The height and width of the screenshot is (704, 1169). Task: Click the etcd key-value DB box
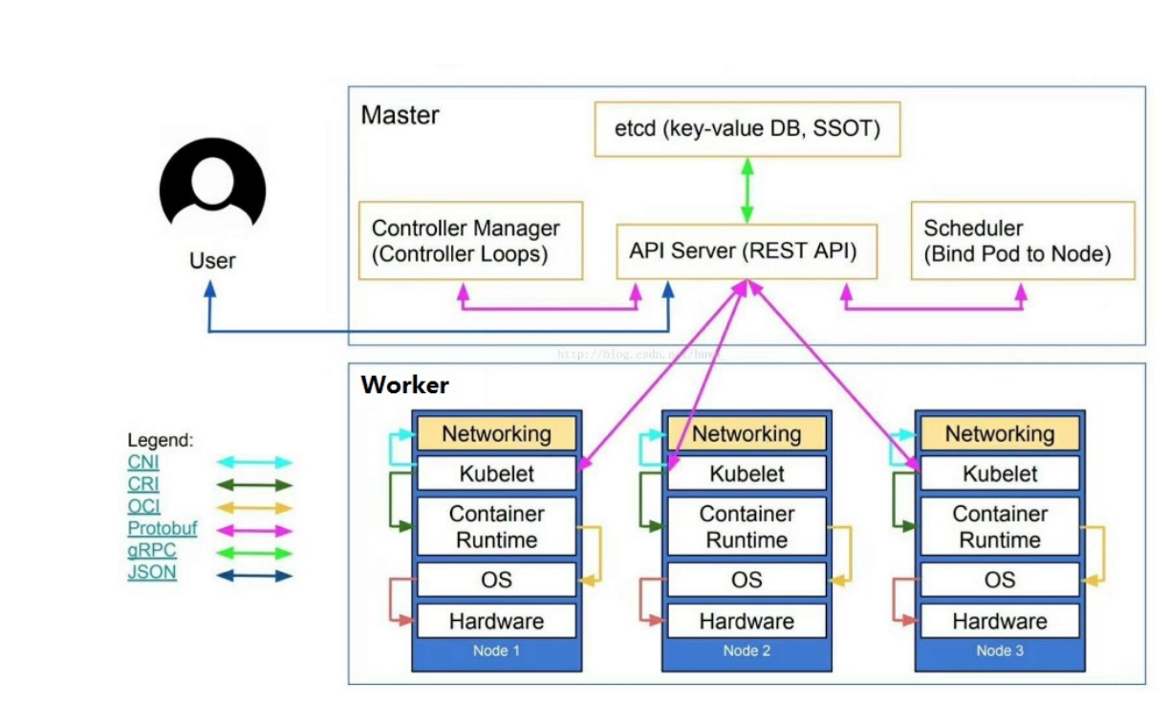coord(747,128)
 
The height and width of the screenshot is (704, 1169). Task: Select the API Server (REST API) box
coord(747,252)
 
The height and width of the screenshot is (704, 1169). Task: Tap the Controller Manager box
coord(470,240)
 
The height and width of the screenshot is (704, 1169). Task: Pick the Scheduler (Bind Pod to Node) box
coord(1023,240)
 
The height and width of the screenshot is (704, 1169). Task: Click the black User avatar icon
coord(212,188)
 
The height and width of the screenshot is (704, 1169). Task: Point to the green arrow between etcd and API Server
coord(747,190)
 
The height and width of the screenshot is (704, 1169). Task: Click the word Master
coord(400,116)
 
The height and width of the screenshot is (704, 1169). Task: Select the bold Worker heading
coord(404,385)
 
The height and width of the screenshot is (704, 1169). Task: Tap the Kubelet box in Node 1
coord(496,473)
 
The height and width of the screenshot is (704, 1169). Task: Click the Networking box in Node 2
coord(747,433)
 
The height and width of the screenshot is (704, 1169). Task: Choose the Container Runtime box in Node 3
coord(999,526)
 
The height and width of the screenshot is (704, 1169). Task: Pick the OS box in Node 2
coord(747,580)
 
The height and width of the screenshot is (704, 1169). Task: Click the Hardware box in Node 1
coord(496,621)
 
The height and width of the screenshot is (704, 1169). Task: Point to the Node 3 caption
coord(999,651)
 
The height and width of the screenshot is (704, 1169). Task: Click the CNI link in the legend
coord(143,462)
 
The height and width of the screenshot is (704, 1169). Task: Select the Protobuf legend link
coord(162,528)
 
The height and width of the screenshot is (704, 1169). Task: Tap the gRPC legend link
coord(151,551)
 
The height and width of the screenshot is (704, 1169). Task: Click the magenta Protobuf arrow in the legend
coord(254,530)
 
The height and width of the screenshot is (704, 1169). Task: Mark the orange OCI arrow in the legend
coord(254,508)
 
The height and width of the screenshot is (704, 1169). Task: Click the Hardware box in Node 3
coord(999,621)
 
